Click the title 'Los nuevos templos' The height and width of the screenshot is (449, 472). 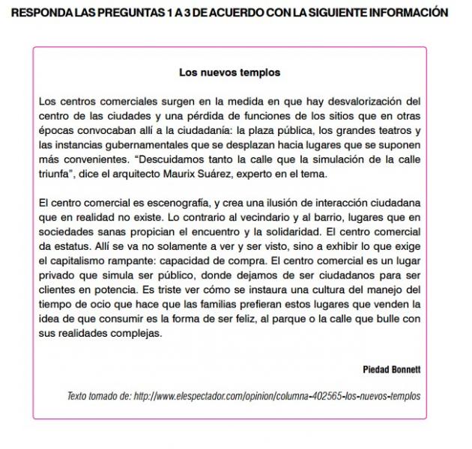pyautogui.click(x=229, y=73)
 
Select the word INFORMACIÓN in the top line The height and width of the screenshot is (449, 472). pyautogui.click(x=412, y=13)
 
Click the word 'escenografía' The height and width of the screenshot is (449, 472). pyautogui.click(x=171, y=203)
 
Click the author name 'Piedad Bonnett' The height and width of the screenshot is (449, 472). pyautogui.click(x=391, y=370)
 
